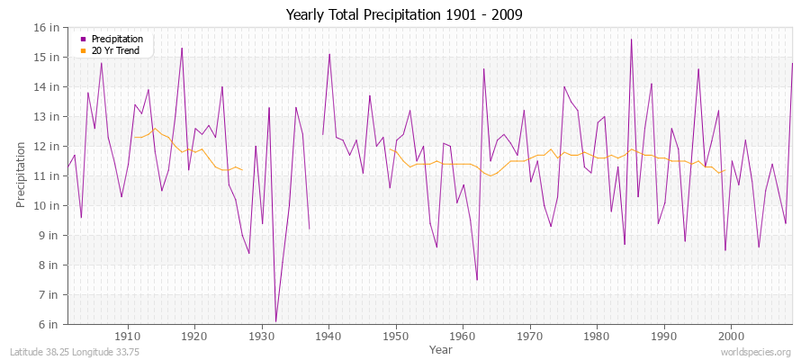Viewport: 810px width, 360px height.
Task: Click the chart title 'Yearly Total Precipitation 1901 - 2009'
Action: [404, 15]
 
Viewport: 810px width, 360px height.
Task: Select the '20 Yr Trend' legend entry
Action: [116, 49]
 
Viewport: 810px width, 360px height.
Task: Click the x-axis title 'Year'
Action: [441, 349]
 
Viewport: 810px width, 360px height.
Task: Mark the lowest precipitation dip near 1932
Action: [275, 321]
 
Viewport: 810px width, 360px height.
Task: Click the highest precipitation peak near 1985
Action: [631, 39]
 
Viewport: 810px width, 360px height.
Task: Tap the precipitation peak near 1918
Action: [182, 48]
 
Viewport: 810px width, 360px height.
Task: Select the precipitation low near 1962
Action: [477, 280]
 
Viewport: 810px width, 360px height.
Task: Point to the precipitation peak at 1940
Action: [329, 54]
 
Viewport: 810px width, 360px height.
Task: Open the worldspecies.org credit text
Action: [756, 352]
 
